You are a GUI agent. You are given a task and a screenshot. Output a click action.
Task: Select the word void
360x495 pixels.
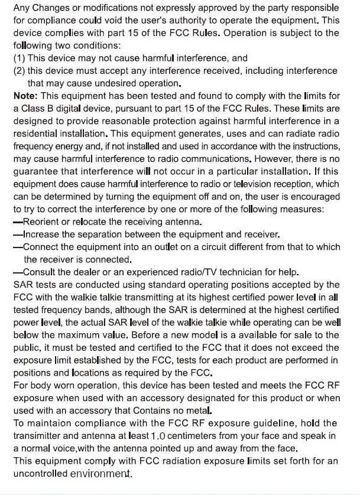138,21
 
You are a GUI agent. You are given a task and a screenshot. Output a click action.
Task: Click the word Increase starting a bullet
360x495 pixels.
41,235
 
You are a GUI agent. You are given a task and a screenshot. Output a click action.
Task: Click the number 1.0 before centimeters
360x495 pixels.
158,436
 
